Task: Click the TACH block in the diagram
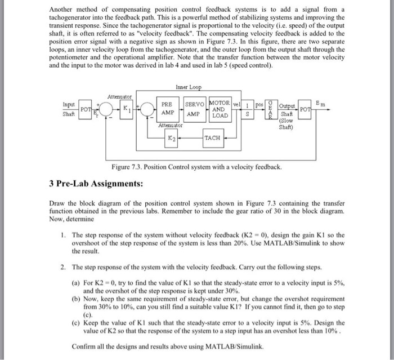(x=212, y=137)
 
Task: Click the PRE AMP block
(x=167, y=108)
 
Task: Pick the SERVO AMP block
(x=194, y=108)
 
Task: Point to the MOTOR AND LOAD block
(x=220, y=108)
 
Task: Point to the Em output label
(x=321, y=102)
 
